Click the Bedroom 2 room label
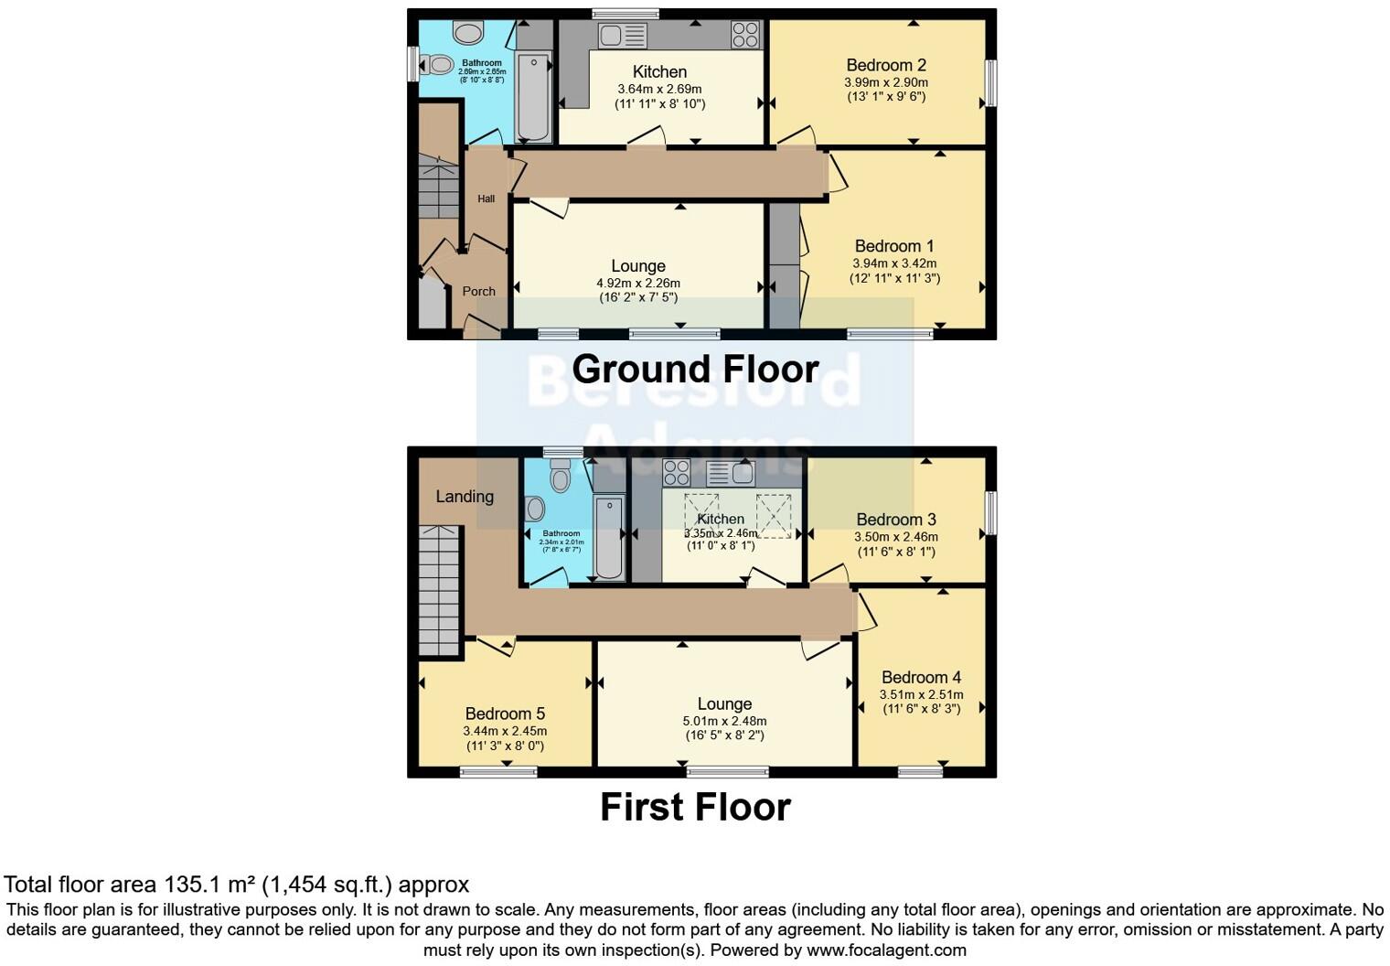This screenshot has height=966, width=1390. click(x=885, y=65)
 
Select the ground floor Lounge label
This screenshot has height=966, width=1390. click(x=637, y=266)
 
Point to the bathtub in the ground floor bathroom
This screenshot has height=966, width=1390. click(x=534, y=95)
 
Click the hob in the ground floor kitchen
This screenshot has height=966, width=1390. click(x=745, y=35)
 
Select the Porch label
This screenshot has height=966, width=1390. click(x=478, y=291)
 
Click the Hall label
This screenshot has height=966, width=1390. click(x=486, y=199)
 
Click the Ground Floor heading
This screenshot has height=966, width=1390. click(x=695, y=369)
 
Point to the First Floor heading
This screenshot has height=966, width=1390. click(x=695, y=807)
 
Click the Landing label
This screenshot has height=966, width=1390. click(x=465, y=497)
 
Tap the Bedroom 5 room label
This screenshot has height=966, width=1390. click(x=505, y=714)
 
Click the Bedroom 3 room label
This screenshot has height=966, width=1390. click(x=896, y=520)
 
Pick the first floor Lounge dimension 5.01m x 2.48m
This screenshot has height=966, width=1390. click(x=725, y=721)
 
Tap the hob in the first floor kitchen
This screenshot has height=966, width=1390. click(x=676, y=472)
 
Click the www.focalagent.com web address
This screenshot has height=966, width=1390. click(x=886, y=950)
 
